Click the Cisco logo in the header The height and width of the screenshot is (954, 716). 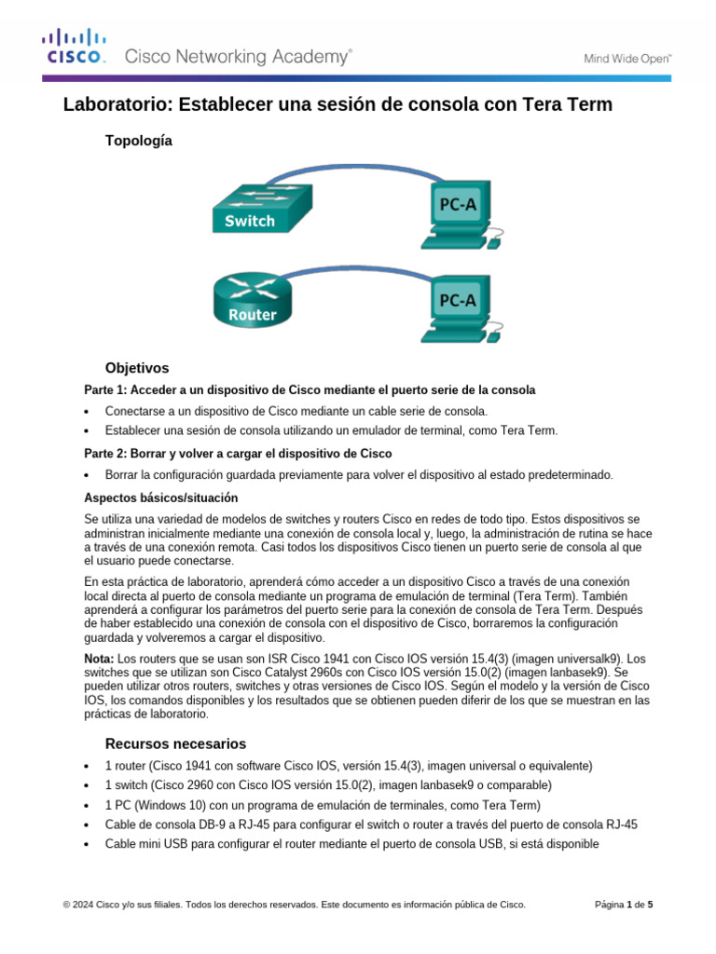(x=75, y=48)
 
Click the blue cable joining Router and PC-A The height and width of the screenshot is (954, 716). (x=354, y=266)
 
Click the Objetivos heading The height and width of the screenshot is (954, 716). (x=137, y=368)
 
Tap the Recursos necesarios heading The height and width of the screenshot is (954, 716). (x=175, y=743)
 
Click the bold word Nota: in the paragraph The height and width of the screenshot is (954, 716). (x=100, y=658)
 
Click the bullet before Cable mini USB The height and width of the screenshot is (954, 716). (x=87, y=845)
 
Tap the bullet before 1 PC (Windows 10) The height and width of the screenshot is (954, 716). (x=87, y=805)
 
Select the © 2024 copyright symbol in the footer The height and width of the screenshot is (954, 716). (x=66, y=904)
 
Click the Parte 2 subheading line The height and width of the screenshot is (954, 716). (x=238, y=453)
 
